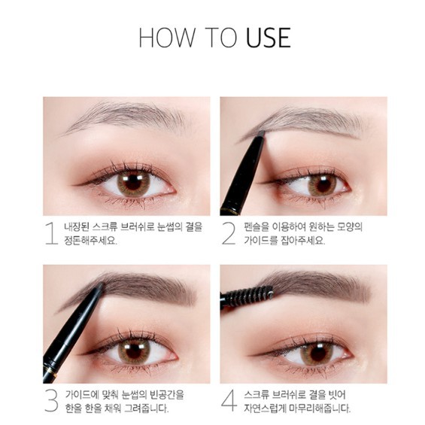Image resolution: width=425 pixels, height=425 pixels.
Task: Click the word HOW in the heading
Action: tap(160, 37)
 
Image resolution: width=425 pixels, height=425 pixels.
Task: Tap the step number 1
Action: tap(51, 233)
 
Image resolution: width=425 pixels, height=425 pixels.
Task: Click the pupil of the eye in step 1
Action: tap(134, 182)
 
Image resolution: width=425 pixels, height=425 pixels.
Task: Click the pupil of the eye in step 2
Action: tap(322, 183)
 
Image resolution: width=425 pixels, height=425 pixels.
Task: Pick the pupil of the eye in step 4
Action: tap(316, 351)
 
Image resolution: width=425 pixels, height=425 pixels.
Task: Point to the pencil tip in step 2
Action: tap(260, 134)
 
